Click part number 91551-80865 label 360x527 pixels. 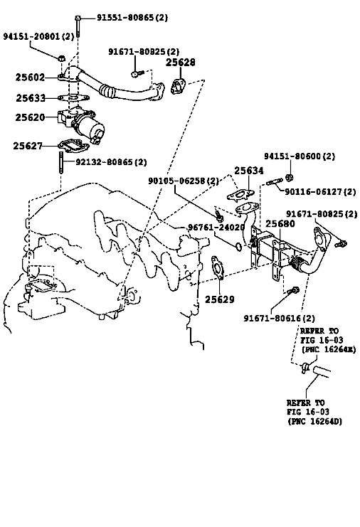coord(132,17)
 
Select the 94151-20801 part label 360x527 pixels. coord(38,36)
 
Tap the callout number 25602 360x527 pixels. coord(30,78)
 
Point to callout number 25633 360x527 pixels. coord(31,98)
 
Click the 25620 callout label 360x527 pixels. coord(30,117)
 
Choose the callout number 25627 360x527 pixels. coord(28,146)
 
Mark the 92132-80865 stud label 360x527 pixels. coord(111,162)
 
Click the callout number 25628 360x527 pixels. coord(181,62)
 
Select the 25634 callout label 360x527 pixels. coord(249,171)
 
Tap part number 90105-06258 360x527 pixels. coord(184,181)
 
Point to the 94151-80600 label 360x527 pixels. coord(299,156)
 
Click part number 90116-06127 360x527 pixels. coord(320,191)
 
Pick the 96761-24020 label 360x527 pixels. coord(216,228)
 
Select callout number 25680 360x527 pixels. coord(280,223)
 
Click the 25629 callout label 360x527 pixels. coord(220,299)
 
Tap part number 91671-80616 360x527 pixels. coord(280,318)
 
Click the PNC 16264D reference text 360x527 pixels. coord(314,421)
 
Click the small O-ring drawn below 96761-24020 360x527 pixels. coord(238,247)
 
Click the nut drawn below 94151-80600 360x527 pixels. coord(288,177)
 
